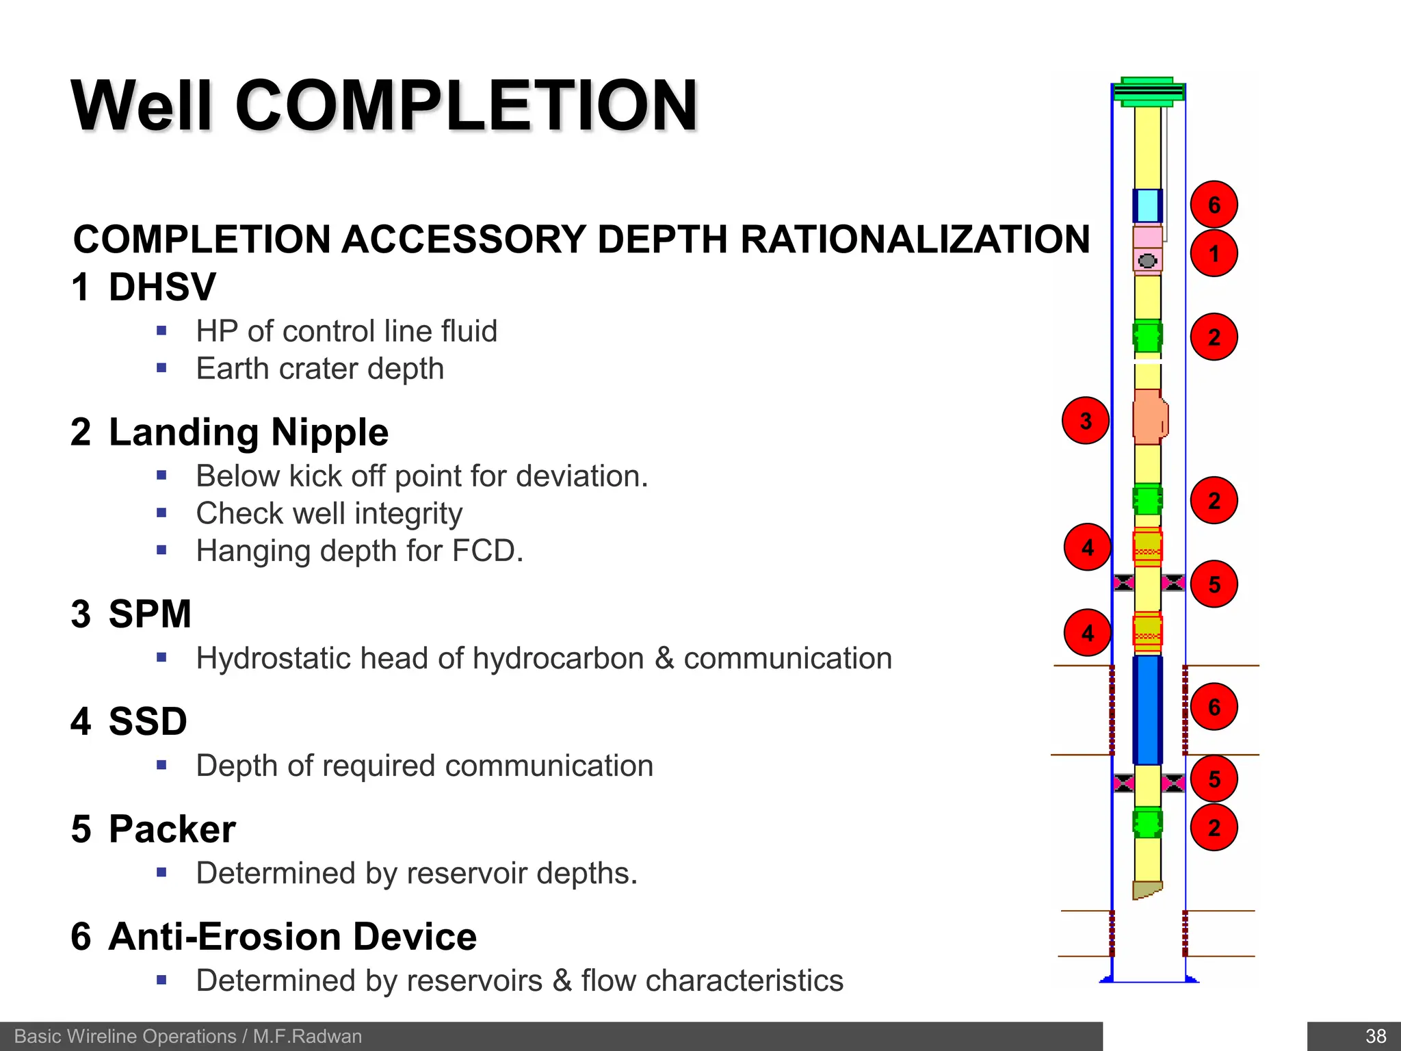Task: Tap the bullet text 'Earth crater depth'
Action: tap(319, 369)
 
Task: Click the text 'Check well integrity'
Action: tap(329, 513)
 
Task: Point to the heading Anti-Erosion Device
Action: tap(292, 937)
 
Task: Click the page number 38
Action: tap(1375, 1036)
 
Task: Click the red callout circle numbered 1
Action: tap(1214, 254)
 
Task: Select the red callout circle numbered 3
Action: tap(1085, 421)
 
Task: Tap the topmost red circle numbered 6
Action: tap(1214, 205)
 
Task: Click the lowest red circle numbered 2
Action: tap(1214, 828)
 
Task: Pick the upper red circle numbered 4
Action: tap(1087, 547)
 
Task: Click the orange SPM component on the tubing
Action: tap(1149, 417)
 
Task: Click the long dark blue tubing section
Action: tap(1147, 710)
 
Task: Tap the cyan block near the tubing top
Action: tap(1147, 205)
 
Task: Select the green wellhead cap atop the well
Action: tap(1148, 92)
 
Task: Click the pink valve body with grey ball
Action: tap(1147, 260)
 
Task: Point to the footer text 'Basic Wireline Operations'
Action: tap(125, 1036)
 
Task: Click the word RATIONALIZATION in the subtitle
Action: tap(915, 239)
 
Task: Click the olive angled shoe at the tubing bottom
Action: tap(1146, 890)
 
